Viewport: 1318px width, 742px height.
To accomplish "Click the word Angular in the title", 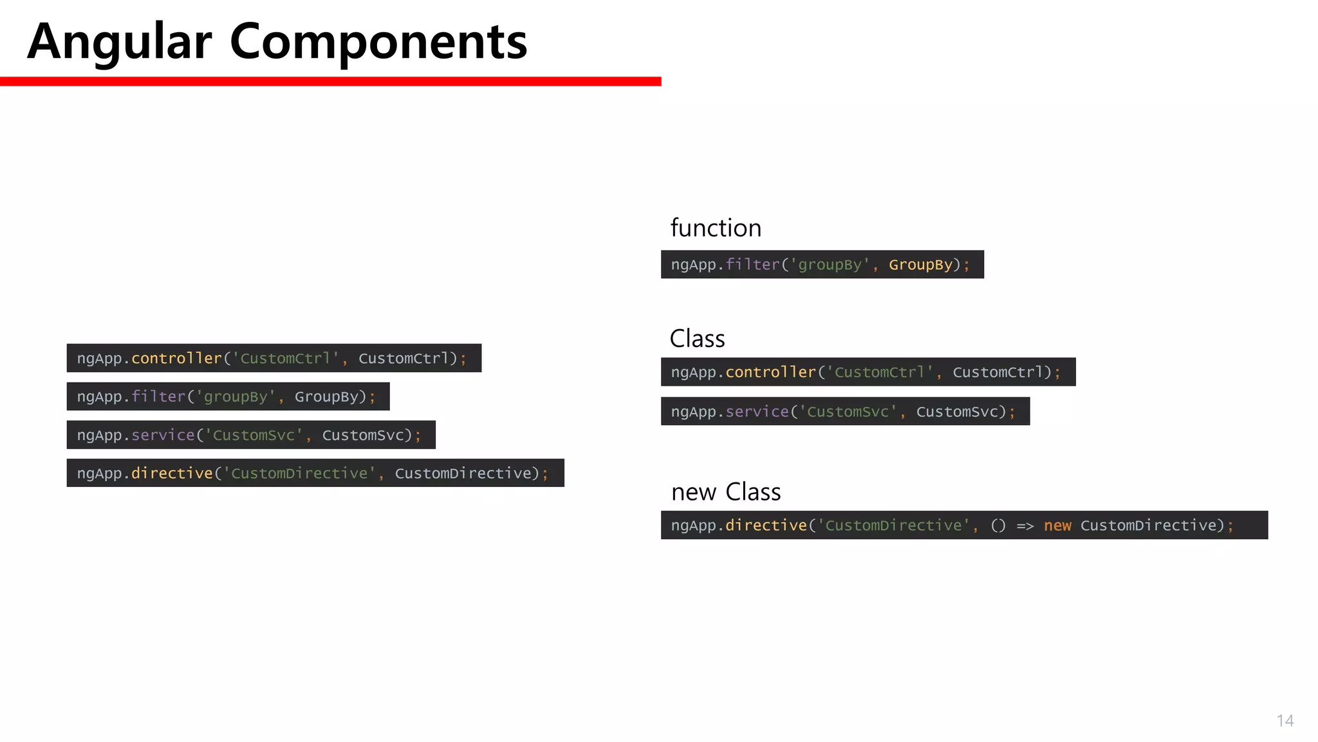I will click(x=120, y=42).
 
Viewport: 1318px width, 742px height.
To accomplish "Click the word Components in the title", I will click(x=378, y=42).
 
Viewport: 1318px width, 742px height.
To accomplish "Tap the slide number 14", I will click(x=1285, y=721).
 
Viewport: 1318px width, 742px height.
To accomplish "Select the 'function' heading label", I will click(x=716, y=228).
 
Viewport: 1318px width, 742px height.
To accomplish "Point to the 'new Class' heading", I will click(x=726, y=492).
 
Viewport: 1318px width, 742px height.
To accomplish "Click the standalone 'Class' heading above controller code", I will click(x=697, y=339).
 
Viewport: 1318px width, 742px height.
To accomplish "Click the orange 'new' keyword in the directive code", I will click(x=1057, y=526).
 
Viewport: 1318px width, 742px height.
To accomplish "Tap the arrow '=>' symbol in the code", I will click(x=1025, y=526).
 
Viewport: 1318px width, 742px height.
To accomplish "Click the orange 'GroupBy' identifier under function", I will click(x=920, y=265).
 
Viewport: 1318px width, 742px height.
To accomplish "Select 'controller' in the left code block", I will click(x=176, y=358).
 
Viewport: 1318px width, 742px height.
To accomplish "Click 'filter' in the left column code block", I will click(x=158, y=397).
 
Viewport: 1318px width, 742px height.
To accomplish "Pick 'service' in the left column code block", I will click(x=163, y=435).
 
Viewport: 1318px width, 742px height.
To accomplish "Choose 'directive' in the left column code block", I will click(x=172, y=473).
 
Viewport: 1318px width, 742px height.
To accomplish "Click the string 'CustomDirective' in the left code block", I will click(x=299, y=473).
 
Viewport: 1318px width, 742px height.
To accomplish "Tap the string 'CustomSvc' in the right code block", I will click(x=848, y=412).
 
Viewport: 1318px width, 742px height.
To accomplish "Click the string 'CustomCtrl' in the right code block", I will click(x=879, y=372).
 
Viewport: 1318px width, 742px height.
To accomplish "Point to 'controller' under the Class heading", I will click(x=770, y=372).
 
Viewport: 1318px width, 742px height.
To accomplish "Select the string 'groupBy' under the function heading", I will click(x=830, y=265).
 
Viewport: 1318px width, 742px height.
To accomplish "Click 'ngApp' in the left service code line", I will click(x=99, y=435).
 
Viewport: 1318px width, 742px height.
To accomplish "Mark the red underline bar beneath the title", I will click(x=330, y=81).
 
